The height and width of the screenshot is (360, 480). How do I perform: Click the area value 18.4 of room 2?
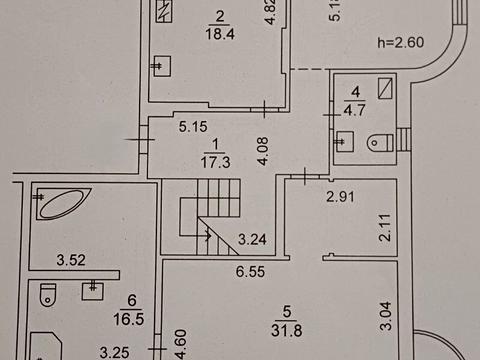pos(219,32)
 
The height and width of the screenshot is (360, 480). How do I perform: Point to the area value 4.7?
pos(353,110)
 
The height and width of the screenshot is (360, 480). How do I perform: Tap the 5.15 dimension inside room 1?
pos(192,128)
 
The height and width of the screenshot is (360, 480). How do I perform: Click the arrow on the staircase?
pos(205,236)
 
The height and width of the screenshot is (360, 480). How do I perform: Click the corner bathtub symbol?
pos(61,203)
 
